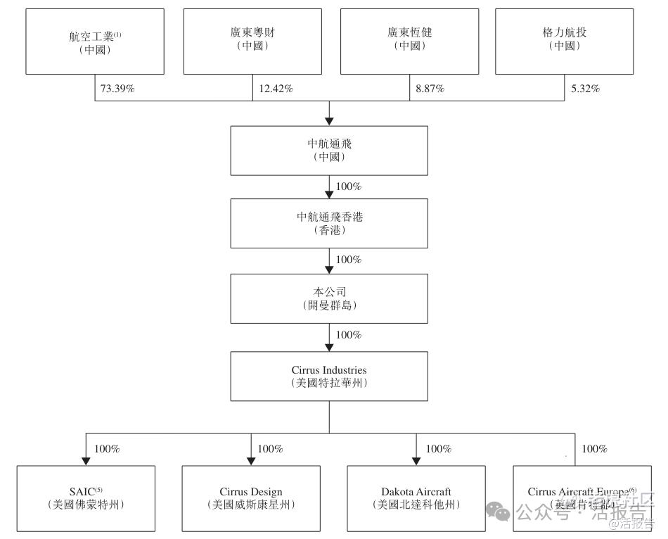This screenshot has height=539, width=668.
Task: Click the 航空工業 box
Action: click(x=95, y=41)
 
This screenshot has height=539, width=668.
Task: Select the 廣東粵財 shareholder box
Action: click(x=252, y=41)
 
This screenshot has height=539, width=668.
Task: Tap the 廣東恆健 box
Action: click(x=409, y=41)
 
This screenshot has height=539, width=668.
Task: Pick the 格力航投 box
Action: click(x=565, y=41)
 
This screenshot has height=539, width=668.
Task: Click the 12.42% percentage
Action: click(x=276, y=89)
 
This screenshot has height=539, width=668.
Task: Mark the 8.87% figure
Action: click(x=429, y=89)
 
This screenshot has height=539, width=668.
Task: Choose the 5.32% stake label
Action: click(x=585, y=89)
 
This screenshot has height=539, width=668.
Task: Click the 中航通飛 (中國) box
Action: click(x=329, y=150)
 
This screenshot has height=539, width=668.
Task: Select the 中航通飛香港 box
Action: click(x=329, y=223)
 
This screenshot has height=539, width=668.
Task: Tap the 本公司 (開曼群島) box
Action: click(x=329, y=298)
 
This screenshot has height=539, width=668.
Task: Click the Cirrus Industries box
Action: click(x=329, y=376)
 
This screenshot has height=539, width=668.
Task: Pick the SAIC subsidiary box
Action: click(x=86, y=498)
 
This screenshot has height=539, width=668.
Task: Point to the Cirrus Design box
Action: click(x=251, y=498)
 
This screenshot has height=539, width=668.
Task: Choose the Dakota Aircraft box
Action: click(x=416, y=498)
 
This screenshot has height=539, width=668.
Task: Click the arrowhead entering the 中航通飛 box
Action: click(x=329, y=120)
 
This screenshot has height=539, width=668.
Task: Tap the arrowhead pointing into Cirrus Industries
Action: click(x=329, y=347)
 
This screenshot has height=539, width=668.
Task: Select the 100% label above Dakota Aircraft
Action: click(x=439, y=449)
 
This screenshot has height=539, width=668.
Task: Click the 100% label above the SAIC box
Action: click(x=107, y=449)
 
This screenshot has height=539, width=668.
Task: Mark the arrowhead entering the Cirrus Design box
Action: click(x=251, y=460)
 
